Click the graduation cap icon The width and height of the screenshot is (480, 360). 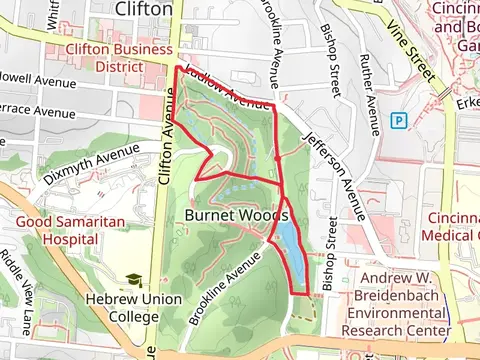[133, 282]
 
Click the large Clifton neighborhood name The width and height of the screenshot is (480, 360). [145, 9]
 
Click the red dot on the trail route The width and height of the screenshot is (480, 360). [276, 158]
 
